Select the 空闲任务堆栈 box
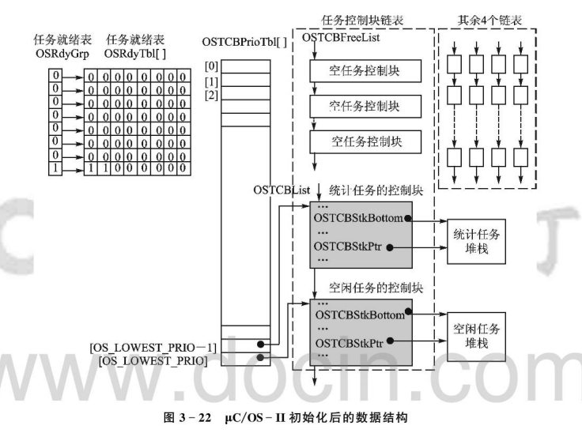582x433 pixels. [477, 336]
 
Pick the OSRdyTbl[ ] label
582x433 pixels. [137, 54]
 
